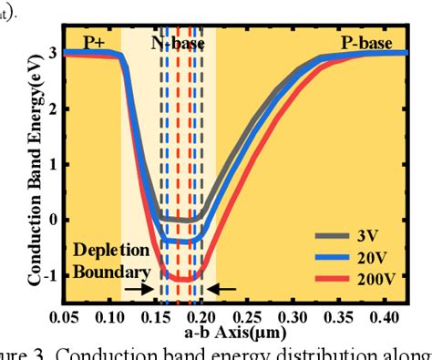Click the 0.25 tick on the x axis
(x=249, y=316)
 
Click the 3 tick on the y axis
(x=55, y=53)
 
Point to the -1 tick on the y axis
(x=51, y=275)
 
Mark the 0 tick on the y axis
(x=55, y=220)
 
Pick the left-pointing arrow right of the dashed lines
(x=221, y=289)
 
